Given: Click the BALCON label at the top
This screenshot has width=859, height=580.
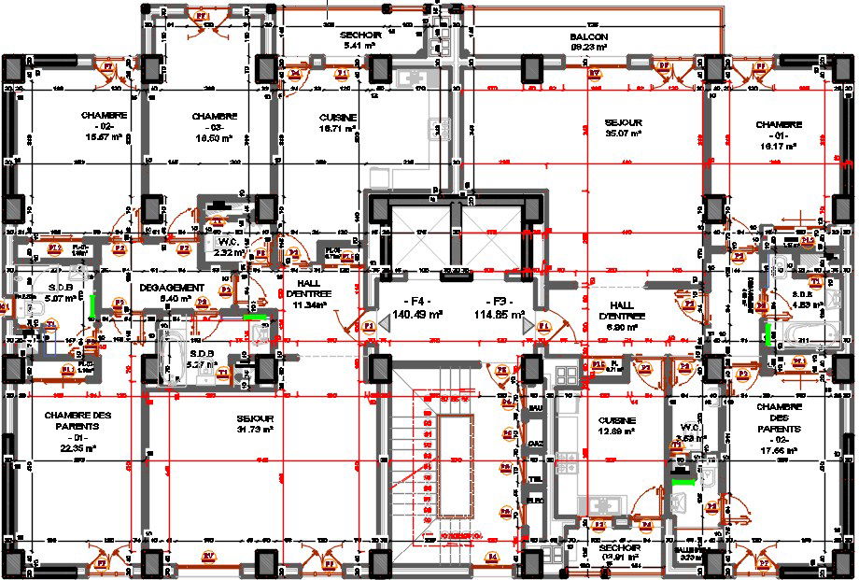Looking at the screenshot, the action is tap(589, 36).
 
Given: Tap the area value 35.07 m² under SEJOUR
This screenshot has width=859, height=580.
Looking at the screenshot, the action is tap(623, 134).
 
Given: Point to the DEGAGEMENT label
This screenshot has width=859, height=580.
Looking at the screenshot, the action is tap(171, 287).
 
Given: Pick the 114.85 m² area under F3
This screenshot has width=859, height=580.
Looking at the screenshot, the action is tap(505, 314).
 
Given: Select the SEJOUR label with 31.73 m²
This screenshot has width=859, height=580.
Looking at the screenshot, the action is tap(255, 418).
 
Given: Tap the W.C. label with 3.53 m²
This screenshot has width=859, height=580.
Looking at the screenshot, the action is tap(692, 427).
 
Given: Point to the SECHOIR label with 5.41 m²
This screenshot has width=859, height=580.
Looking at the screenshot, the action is tap(358, 34).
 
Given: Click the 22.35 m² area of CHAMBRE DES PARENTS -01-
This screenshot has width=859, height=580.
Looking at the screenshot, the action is tap(79, 448).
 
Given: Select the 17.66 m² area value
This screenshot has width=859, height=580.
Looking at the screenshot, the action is tap(779, 449).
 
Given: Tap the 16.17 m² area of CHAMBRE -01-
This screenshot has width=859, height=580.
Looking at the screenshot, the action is tap(779, 146).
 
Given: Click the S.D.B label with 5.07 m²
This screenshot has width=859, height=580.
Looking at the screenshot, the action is tap(43, 288).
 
